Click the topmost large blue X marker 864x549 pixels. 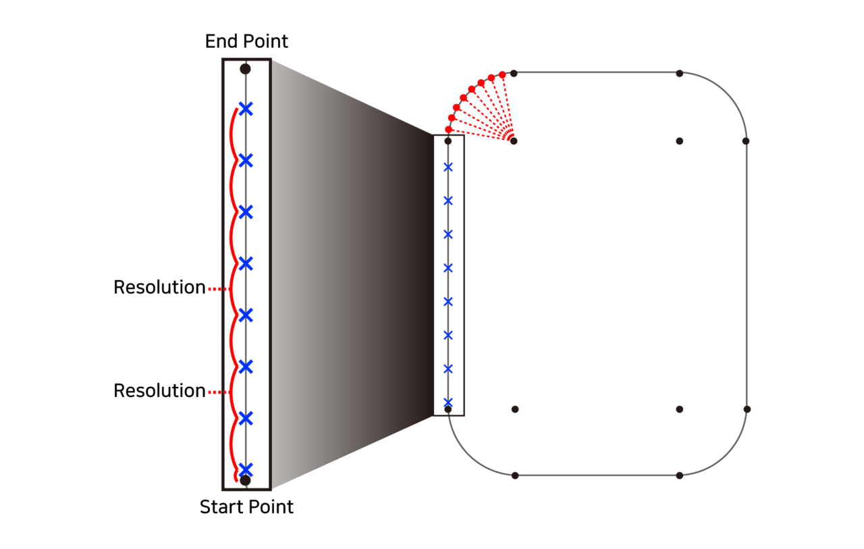(246, 109)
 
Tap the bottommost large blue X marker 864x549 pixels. (246, 469)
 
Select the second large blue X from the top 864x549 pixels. (246, 161)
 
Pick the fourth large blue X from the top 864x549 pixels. (246, 263)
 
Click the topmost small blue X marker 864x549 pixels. (448, 167)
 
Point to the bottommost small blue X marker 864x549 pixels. (448, 402)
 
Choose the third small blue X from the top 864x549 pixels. (448, 234)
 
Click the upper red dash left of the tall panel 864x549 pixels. (214, 289)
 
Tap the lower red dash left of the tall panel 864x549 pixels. (214, 392)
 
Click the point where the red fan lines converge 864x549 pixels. (512, 140)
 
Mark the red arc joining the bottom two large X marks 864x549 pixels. (231, 444)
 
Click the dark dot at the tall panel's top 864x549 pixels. (246, 69)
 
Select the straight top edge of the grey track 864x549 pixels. (597, 72)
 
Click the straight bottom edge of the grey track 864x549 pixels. (597, 475)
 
